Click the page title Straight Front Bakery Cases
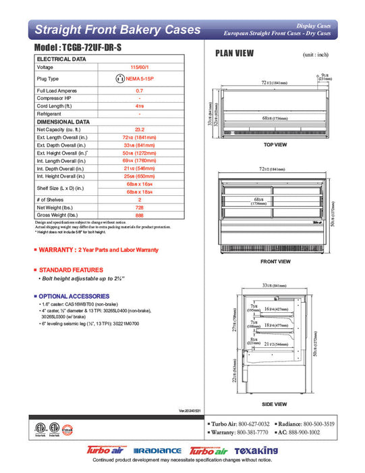(x=117, y=30)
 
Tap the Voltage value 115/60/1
(x=139, y=68)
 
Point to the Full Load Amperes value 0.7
(x=139, y=90)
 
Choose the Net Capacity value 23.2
(x=139, y=128)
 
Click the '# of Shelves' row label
(x=51, y=200)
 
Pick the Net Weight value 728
(x=139, y=208)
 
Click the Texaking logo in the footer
(x=256, y=451)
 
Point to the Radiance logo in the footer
(x=158, y=451)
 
